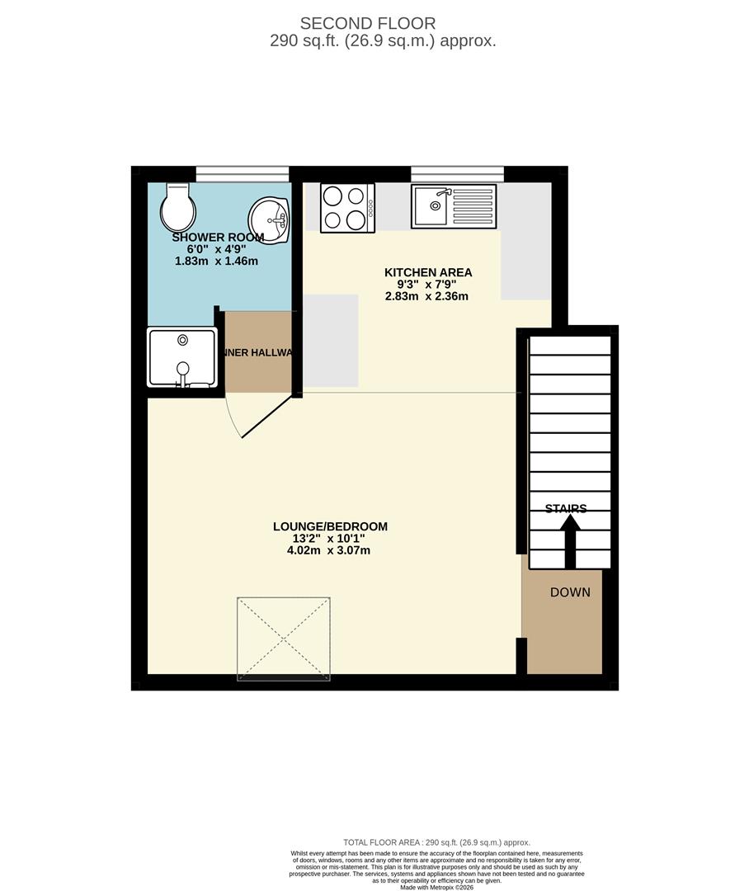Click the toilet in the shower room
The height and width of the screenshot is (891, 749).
coord(177,206)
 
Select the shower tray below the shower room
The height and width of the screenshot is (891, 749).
coord(182,357)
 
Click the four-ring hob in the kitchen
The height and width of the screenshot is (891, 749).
coord(346,207)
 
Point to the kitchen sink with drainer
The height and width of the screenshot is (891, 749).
coord(455,206)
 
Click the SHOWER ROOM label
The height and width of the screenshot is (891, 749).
coord(218,238)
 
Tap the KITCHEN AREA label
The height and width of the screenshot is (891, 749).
coord(428,272)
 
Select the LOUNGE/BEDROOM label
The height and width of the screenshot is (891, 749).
coord(330,526)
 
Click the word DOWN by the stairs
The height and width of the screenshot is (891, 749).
coord(570,592)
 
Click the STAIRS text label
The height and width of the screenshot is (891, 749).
coord(566,508)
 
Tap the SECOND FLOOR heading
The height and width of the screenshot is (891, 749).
coord(368,23)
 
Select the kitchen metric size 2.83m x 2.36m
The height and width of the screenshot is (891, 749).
coord(426,296)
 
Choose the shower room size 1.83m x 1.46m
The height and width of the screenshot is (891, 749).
coord(217,261)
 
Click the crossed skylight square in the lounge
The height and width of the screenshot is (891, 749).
coord(284,639)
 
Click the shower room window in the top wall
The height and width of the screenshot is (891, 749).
coord(243,173)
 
